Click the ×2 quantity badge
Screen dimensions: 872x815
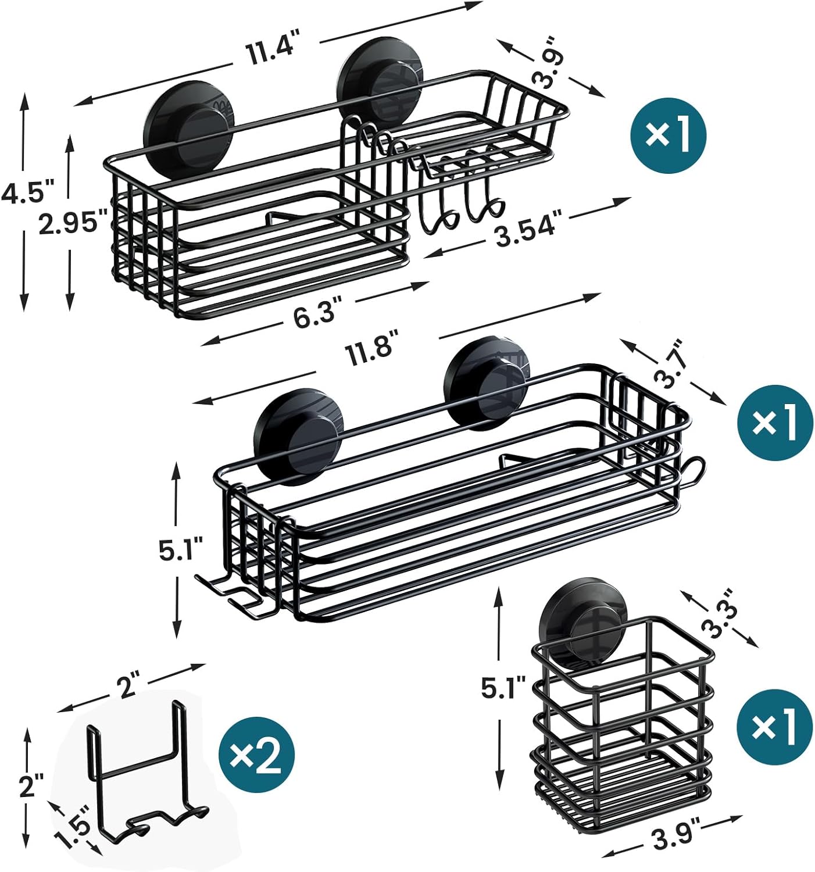256,755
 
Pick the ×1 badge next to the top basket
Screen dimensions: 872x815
668,134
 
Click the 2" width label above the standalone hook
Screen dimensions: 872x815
127,686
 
